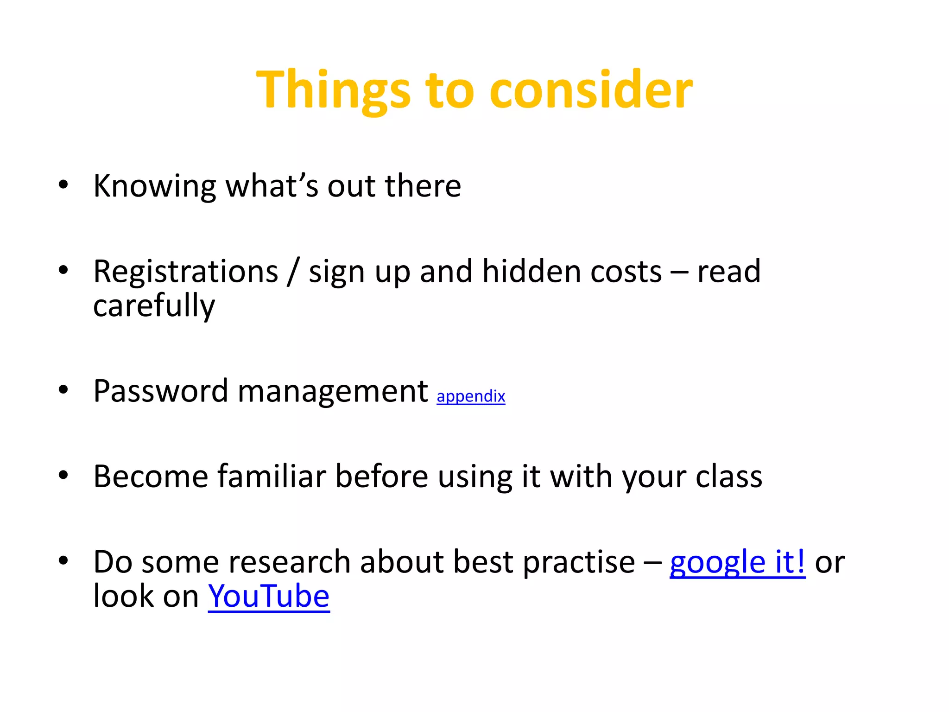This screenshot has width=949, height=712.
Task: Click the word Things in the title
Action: point(333,90)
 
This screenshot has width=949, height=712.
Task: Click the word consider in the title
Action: point(591,90)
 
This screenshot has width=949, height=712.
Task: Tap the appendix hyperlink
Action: point(470,396)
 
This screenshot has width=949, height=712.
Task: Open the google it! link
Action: point(737,562)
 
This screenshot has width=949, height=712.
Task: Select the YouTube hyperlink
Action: point(269,597)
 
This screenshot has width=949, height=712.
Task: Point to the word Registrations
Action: point(185,272)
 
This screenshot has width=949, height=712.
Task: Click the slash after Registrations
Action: point(293,273)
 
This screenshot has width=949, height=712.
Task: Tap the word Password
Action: point(160,391)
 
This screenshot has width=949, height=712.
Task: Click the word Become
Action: point(151,477)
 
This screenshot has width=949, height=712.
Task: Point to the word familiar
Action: point(272,477)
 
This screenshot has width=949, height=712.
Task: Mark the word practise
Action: point(579,562)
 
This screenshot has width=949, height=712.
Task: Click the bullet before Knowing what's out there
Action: point(63,184)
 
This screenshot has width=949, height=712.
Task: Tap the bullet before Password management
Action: point(63,389)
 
